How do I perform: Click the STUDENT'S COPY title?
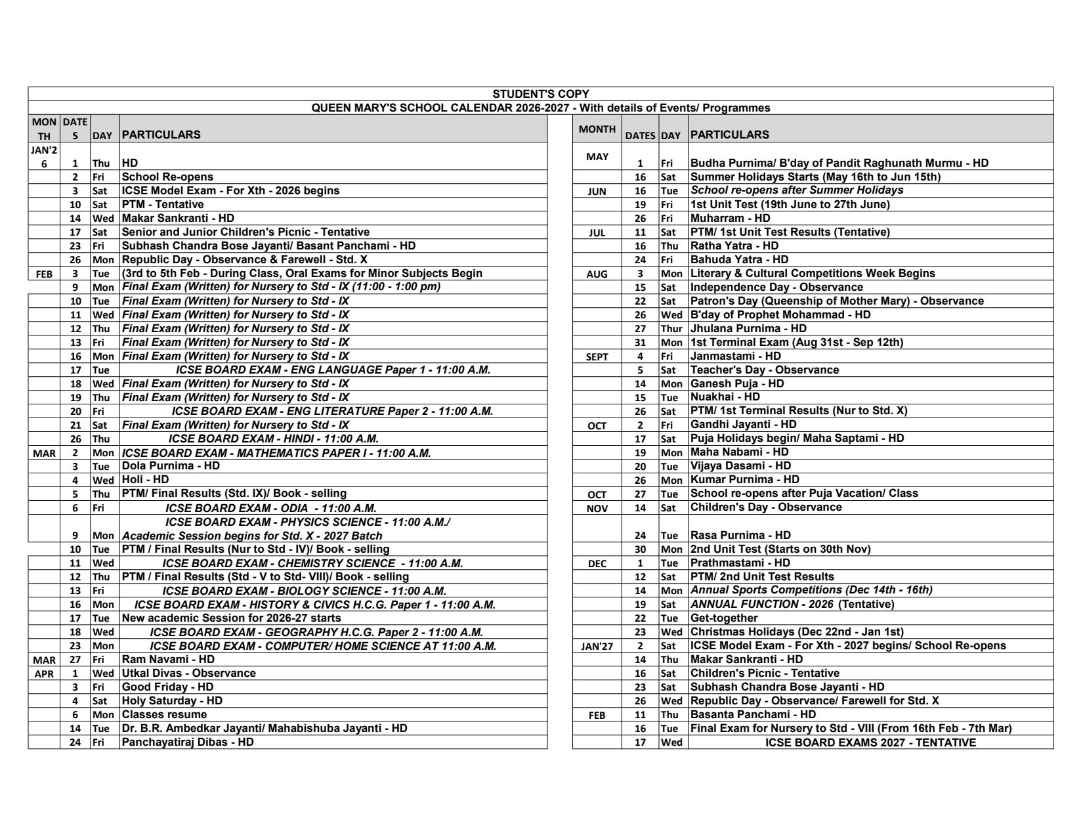tap(541, 94)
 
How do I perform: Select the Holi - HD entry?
tap(145, 479)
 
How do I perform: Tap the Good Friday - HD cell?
tap(167, 687)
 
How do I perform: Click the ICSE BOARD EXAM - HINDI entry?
tap(273, 439)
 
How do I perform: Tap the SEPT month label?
tap(597, 356)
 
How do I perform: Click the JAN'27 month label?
tap(597, 646)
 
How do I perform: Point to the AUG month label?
tap(597, 274)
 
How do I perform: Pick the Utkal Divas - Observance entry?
tap(188, 673)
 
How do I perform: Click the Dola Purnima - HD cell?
tap(171, 465)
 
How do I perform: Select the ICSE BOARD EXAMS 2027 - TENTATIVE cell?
tap(870, 742)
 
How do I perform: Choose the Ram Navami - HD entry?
tap(168, 658)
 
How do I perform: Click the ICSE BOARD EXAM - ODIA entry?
tap(270, 508)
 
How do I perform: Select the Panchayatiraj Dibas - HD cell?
tap(188, 742)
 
